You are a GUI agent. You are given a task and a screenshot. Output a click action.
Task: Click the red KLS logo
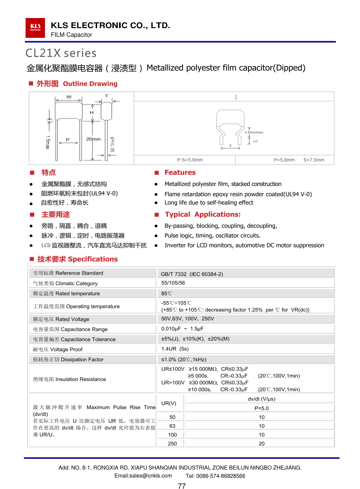(x=35, y=28)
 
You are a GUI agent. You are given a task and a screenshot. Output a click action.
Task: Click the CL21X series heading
(x=61, y=53)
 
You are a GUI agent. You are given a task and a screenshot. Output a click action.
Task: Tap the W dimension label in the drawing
(x=69, y=97)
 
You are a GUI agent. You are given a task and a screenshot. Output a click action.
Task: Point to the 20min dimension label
(x=93, y=139)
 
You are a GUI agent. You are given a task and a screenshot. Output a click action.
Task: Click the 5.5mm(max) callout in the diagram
(x=254, y=132)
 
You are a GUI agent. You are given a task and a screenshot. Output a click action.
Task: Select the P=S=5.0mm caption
(x=190, y=160)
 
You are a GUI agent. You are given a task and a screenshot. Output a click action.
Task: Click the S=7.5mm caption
(x=314, y=160)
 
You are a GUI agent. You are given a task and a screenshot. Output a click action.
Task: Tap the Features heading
(x=180, y=173)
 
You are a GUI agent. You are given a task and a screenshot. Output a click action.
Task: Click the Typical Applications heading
(x=202, y=214)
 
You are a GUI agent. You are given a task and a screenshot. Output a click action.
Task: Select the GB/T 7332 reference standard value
(x=192, y=274)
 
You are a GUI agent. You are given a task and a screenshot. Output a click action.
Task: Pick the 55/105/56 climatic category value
(x=173, y=283)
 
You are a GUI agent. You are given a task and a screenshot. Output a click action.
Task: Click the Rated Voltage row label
(x=61, y=319)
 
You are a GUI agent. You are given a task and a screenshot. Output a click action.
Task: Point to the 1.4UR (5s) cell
(x=175, y=349)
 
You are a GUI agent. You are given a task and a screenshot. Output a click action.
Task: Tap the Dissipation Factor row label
(x=68, y=360)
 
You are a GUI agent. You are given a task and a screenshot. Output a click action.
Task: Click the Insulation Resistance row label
(x=69, y=379)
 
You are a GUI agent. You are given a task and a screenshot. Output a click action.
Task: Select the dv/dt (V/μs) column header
(x=261, y=399)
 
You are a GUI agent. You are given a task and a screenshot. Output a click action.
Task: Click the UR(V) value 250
(x=172, y=444)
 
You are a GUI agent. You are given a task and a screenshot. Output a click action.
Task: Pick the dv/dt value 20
(x=262, y=444)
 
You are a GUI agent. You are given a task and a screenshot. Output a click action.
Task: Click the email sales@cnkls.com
(x=143, y=476)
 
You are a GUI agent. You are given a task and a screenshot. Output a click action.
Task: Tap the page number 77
(x=182, y=486)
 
